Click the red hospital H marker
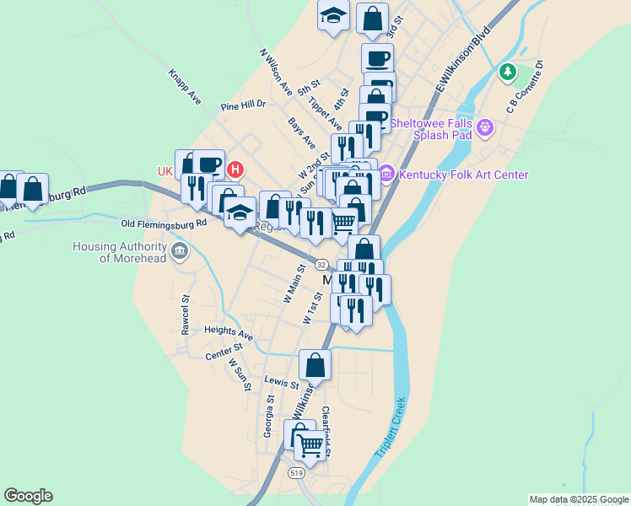pos(235,169)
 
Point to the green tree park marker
pos(507,72)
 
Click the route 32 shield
pos(322,263)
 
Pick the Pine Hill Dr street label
pos(243,106)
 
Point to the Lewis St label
pos(282,383)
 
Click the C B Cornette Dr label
pos(524,85)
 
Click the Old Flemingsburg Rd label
pos(164,224)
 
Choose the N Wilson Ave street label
pos(275,71)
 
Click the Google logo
pos(28,496)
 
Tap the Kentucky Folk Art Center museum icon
pos(386,175)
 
